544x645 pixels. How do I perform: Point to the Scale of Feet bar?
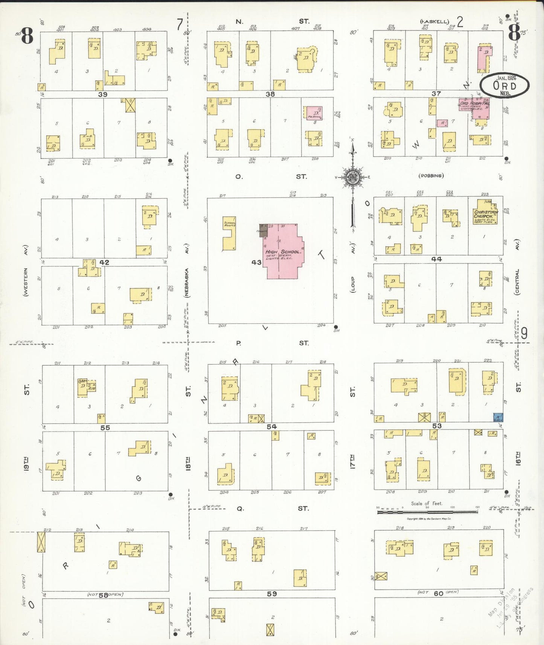tap(427, 512)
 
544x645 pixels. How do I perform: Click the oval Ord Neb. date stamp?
tap(505, 85)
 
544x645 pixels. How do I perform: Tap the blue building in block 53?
tap(498, 417)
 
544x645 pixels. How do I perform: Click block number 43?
tap(256, 262)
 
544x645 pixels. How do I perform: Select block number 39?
tap(103, 94)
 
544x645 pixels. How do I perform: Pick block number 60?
tap(439, 593)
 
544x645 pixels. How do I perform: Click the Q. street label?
tap(240, 509)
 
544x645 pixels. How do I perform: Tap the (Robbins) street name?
tap(431, 176)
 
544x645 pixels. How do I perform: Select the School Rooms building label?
tap(230, 224)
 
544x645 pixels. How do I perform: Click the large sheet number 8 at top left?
tap(27, 37)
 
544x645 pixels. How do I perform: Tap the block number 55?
tap(105, 427)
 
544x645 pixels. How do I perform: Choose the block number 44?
tap(436, 259)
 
